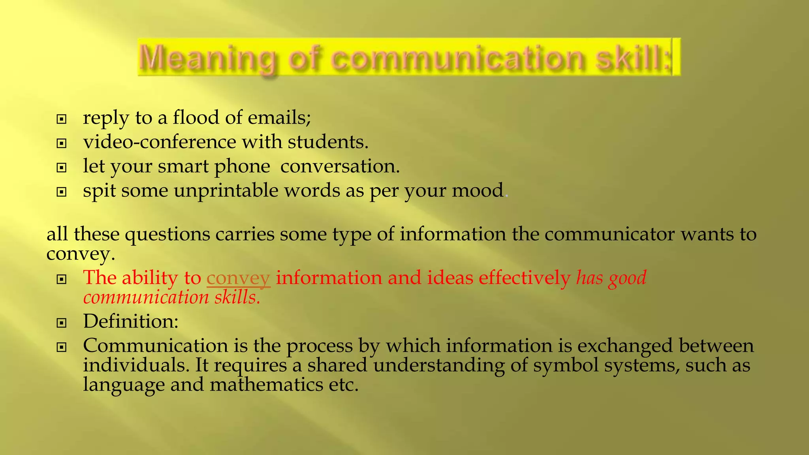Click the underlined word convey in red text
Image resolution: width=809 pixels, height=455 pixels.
point(238,278)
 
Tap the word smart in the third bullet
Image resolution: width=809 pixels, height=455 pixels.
point(183,166)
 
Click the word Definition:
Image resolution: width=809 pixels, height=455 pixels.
point(131,321)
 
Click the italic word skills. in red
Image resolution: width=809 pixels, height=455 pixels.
point(237,297)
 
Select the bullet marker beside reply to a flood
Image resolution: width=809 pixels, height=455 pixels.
point(61,119)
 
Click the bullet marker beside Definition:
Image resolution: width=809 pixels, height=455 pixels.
point(61,323)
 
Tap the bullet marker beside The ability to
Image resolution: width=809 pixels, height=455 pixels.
point(61,280)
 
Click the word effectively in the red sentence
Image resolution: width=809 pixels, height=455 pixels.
point(525,278)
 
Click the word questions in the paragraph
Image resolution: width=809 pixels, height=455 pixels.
point(167,234)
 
